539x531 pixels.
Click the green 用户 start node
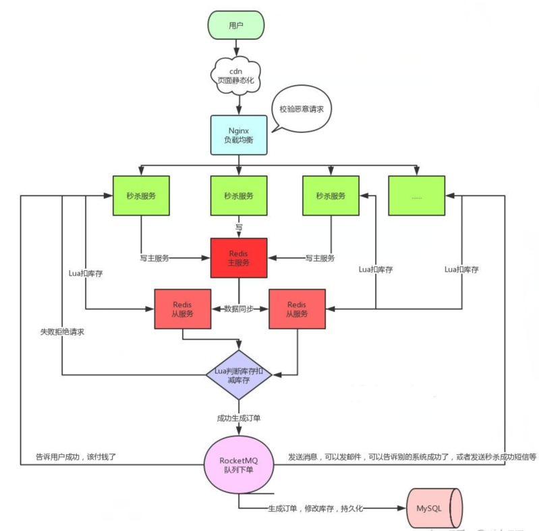236,25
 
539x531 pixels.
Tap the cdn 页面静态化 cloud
236,75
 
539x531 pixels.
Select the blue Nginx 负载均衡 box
239,135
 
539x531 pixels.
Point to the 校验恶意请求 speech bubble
301,109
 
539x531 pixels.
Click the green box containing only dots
417,196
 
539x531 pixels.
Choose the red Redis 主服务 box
239,258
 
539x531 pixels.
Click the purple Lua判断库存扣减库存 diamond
239,375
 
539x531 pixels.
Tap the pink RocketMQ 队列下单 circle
239,464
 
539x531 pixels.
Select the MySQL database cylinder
434,508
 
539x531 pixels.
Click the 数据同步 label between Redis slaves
239,309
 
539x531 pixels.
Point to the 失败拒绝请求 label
62,332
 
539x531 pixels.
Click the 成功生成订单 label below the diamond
239,418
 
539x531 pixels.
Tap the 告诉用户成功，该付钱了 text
76,457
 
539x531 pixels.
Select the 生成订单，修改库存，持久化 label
315,508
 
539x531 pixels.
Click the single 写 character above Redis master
239,227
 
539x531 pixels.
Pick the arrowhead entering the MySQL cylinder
401,508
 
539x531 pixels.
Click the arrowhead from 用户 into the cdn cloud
236,52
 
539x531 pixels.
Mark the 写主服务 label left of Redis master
154,258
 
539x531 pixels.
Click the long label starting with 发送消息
412,457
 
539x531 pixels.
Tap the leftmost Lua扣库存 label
86,274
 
